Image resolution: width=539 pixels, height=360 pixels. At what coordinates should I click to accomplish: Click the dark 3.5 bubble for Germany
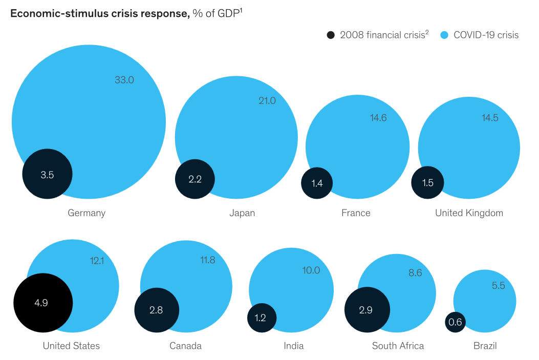coord(47,174)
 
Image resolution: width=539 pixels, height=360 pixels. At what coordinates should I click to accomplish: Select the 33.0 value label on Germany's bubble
coord(124,80)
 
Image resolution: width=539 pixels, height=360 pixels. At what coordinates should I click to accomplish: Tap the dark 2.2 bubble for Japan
coord(195,179)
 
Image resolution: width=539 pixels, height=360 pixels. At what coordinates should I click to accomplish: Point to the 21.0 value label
coord(267,101)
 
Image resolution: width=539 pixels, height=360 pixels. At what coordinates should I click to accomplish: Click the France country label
coord(356,213)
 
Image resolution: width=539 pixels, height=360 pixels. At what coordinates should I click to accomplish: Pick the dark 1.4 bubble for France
coord(317,183)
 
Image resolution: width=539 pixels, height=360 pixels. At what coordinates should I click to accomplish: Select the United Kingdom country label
coord(469,213)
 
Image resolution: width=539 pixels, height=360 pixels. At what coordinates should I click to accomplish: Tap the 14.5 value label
coord(490,118)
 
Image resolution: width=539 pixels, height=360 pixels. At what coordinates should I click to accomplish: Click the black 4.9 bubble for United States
coord(42,303)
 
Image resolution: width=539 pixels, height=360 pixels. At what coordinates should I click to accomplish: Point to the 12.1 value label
coord(97,261)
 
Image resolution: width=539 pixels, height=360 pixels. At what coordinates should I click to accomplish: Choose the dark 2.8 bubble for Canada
coord(157,310)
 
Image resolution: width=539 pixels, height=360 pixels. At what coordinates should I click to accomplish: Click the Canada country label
coord(185,346)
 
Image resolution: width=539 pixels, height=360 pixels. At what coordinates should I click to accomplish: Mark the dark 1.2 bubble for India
coord(262,317)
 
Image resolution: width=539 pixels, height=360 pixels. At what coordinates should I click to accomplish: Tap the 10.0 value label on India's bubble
coord(311,270)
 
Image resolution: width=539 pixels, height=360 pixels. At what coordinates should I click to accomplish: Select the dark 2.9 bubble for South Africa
coord(367,310)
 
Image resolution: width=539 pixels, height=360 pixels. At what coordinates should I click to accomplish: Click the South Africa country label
coord(398,346)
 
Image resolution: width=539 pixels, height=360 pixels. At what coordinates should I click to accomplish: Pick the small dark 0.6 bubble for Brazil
coord(455,322)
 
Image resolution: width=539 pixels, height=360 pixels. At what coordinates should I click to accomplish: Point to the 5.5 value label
coord(498,286)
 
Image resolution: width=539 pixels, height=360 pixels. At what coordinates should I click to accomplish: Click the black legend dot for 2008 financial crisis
coord(331,35)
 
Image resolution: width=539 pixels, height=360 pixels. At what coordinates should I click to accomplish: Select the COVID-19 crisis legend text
coord(486,35)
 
